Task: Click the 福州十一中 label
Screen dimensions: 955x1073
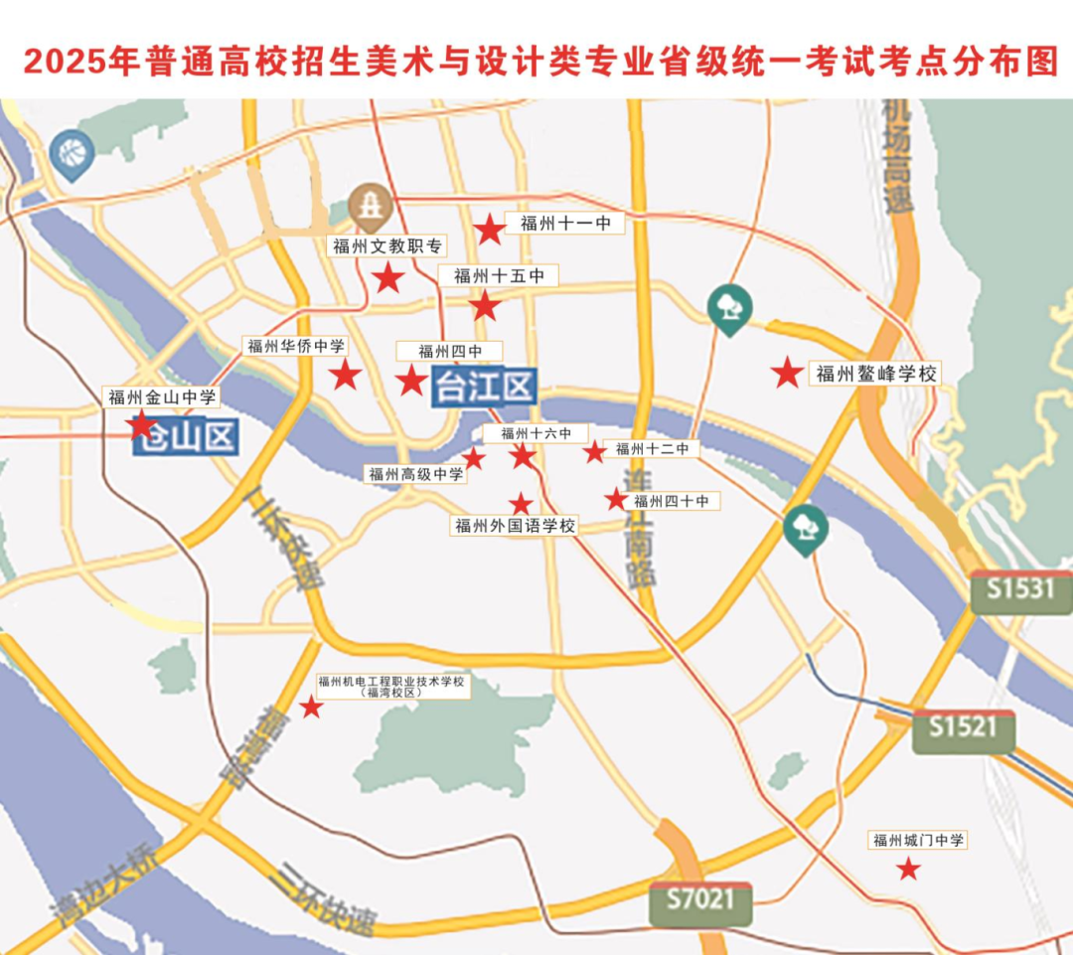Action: click(565, 224)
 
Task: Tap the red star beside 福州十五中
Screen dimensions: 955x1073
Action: click(485, 306)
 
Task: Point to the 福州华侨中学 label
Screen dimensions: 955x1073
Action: click(296, 346)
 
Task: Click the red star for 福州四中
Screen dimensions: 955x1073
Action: click(411, 380)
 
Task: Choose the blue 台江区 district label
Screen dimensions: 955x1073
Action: click(484, 386)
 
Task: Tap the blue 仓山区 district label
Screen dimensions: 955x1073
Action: click(187, 436)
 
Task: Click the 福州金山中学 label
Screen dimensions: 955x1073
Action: click(162, 398)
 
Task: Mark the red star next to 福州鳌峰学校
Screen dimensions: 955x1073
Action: click(787, 373)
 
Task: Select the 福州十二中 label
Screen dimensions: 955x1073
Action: click(653, 449)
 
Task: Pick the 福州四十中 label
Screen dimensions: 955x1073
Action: click(672, 502)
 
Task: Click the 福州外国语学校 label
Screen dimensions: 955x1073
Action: click(515, 526)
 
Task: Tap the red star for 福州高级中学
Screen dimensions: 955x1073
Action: click(474, 458)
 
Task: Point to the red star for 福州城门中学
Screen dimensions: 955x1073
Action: click(908, 870)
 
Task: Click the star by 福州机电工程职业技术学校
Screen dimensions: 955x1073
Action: click(311, 707)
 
